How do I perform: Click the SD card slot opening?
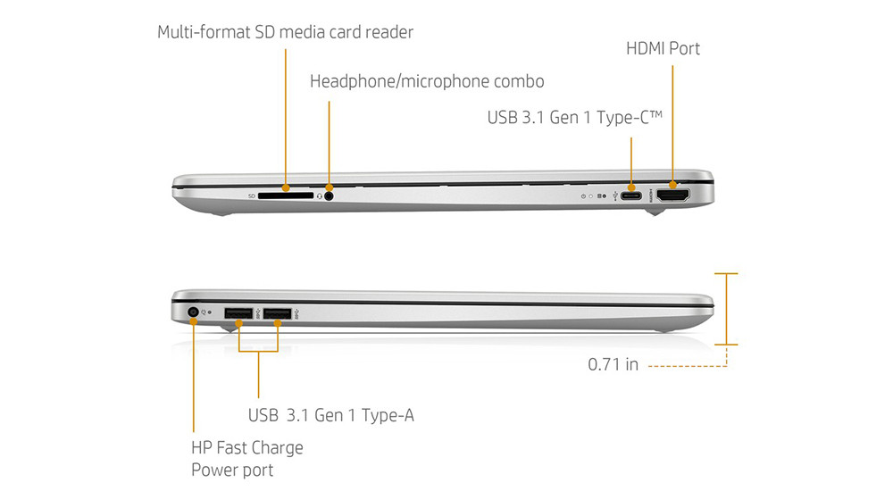pos(286,196)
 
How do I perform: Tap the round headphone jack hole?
pos(329,196)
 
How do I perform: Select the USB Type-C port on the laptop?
pos(631,196)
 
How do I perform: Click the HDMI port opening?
pos(673,196)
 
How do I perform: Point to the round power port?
pos(193,312)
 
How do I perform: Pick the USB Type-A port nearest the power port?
pos(238,313)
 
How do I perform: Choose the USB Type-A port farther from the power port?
pos(278,313)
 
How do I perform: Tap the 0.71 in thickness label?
pos(613,364)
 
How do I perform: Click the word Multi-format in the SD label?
pos(204,32)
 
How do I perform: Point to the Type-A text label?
pos(388,415)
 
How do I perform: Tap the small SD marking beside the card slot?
pos(252,196)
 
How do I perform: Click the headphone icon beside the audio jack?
pos(320,196)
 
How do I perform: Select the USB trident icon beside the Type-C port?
pos(615,196)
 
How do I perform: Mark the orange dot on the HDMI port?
pos(672,185)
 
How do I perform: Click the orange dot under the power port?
pos(194,322)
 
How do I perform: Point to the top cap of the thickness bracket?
pos(726,274)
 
